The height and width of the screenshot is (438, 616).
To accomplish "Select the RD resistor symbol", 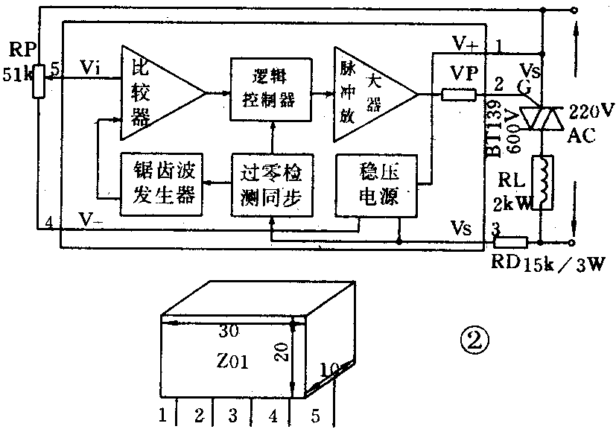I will (x=510, y=241).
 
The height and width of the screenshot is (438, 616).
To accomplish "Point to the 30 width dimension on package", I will (x=232, y=330).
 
